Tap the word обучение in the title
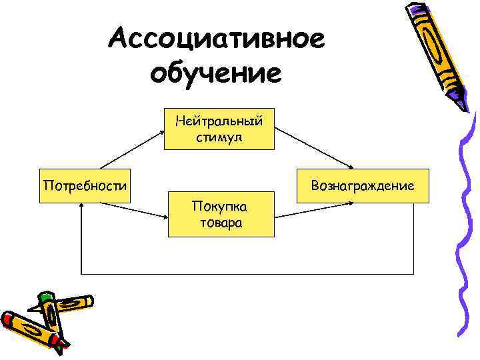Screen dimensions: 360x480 pyautogui.click(x=216, y=72)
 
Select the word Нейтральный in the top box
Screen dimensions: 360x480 pyautogui.click(x=219, y=121)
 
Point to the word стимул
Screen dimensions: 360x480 pyautogui.click(x=219, y=138)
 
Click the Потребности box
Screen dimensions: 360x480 pyautogui.click(x=85, y=184)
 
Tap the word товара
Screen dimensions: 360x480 pyautogui.click(x=221, y=223)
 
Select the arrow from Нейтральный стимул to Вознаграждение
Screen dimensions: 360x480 pyautogui.click(x=313, y=148)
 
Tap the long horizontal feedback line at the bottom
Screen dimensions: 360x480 pyautogui.click(x=247, y=274)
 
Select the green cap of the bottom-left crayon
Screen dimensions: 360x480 pyautogui.click(x=45, y=298)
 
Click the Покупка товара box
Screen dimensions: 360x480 pyautogui.click(x=221, y=215)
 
